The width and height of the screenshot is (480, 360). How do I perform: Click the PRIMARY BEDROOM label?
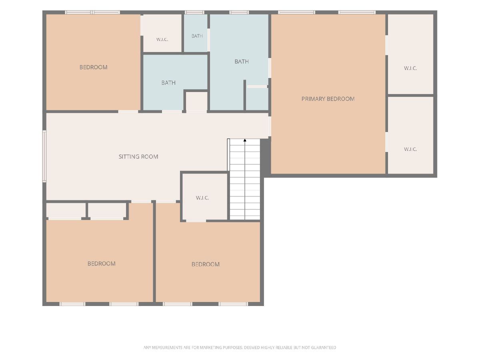(328, 99)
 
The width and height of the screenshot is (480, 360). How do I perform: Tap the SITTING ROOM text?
(138, 157)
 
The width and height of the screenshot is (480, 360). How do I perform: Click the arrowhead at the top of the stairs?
(245, 140)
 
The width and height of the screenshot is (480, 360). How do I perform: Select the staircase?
(244, 179)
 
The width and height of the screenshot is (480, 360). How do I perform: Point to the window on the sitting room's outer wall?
(44, 156)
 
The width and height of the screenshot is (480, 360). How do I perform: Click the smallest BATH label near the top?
(197, 36)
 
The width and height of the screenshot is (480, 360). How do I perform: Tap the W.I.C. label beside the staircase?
(202, 198)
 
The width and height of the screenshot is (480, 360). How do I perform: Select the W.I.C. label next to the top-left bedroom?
(162, 40)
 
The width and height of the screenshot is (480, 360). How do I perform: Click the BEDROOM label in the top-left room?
(93, 67)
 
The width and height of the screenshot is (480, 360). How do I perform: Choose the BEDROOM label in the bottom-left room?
(102, 264)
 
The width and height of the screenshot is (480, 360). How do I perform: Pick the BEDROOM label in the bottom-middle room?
(206, 264)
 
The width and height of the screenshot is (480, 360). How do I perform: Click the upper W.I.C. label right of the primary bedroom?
(410, 68)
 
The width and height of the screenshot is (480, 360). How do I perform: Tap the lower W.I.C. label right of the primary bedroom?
(410, 149)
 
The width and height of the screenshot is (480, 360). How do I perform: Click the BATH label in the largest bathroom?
(242, 62)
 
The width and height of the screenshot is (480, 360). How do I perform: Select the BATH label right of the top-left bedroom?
(168, 83)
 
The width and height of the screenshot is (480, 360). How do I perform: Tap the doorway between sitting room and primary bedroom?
(270, 126)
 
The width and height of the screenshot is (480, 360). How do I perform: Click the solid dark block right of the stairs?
(266, 157)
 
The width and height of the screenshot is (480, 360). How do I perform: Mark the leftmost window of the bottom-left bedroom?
(72, 304)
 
